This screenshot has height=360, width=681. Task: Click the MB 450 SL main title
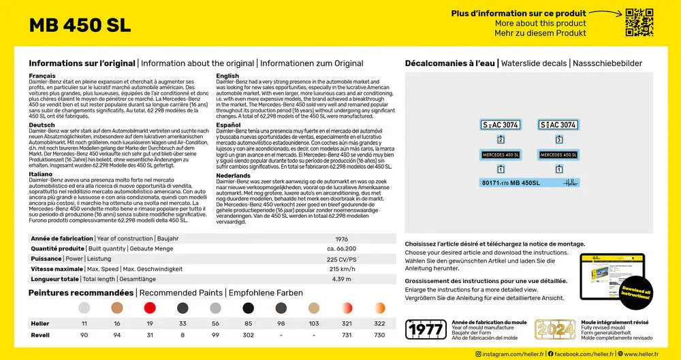(80, 25)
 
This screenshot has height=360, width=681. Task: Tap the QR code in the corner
(639, 22)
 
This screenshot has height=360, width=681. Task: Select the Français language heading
(42, 76)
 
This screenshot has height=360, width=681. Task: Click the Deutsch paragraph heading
(42, 125)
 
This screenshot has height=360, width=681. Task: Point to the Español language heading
(229, 125)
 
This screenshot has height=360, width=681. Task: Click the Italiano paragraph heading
(42, 174)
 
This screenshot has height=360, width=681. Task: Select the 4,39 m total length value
(341, 279)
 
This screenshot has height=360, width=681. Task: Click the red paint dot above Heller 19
(149, 308)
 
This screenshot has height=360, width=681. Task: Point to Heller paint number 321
(347, 323)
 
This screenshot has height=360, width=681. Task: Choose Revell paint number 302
(248, 335)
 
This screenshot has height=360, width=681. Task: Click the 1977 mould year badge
(426, 329)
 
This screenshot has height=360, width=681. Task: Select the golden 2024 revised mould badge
(554, 329)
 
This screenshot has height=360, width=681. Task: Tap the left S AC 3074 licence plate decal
(501, 125)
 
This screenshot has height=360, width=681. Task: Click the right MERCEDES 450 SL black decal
(558, 154)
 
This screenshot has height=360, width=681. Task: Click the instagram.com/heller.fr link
(509, 354)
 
